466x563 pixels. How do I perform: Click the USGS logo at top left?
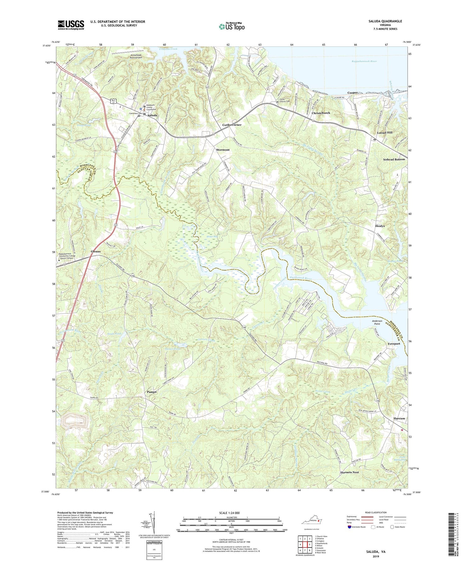tap(71, 25)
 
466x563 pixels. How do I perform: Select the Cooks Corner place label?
tap(232, 125)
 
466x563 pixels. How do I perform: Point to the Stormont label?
tap(223, 150)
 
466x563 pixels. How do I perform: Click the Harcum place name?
tap(399, 418)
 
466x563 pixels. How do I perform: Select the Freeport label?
tap(394, 344)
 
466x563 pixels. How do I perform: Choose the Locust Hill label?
tap(385, 133)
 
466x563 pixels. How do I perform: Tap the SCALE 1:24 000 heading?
tap(231, 513)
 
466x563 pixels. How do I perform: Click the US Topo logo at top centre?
tap(232, 26)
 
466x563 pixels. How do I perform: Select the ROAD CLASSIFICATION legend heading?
tap(376, 512)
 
